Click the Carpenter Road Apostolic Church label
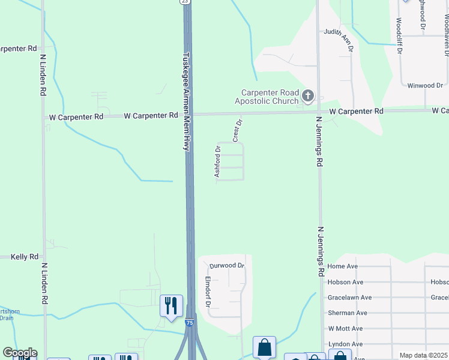[270, 97]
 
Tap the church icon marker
[307, 95]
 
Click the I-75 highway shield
[190, 323]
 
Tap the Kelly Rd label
[25, 257]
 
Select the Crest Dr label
[237, 130]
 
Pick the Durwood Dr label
[227, 265]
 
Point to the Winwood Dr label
[424, 86]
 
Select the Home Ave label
[343, 266]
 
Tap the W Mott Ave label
[345, 329]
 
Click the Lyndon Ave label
[345, 344]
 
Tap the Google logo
[20, 353]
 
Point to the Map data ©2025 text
[424, 355]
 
